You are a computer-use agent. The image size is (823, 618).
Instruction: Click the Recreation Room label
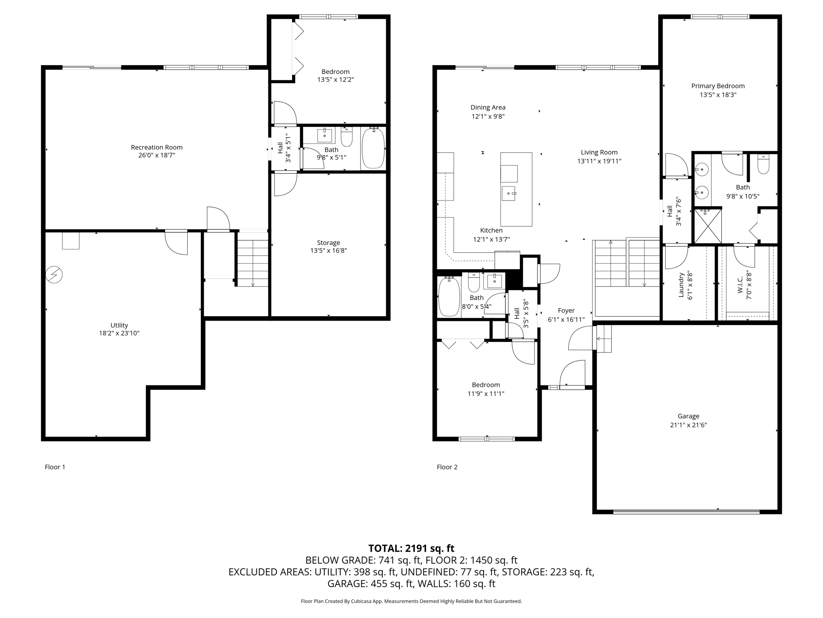157,147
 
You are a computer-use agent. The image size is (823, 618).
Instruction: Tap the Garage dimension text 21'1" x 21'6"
688,425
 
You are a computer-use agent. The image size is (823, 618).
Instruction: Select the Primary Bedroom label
718,86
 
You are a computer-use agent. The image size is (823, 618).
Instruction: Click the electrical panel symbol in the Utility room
54,275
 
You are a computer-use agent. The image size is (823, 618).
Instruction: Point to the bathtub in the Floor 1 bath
373,148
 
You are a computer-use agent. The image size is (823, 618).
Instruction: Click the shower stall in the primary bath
708,226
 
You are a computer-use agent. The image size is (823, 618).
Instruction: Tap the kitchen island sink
509,194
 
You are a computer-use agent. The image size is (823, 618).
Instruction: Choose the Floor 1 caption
55,467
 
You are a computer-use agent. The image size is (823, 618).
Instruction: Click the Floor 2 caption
447,467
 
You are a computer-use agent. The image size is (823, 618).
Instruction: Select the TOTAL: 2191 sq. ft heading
411,548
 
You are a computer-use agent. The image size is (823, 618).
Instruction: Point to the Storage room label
328,243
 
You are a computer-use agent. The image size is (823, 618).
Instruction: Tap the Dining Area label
488,107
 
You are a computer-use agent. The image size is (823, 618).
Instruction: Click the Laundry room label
681,285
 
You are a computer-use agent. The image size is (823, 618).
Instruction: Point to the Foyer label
566,311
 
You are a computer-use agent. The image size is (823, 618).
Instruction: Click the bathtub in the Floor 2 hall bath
449,297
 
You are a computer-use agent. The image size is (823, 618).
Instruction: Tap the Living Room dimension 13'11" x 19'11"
599,161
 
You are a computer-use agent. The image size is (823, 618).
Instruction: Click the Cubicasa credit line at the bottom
411,601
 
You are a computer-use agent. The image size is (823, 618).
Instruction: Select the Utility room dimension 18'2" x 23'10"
119,333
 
